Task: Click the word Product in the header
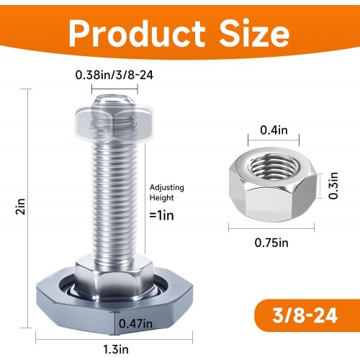pyautogui.click(x=137, y=34)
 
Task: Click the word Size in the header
pyautogui.click(x=254, y=33)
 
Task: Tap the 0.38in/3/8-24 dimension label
pyautogui.click(x=114, y=75)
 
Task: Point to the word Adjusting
pyautogui.click(x=167, y=188)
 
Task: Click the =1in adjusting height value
pyautogui.click(x=161, y=215)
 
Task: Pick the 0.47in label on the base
pyautogui.click(x=135, y=324)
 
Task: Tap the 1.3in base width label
pyautogui.click(x=116, y=349)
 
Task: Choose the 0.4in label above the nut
pyautogui.click(x=274, y=130)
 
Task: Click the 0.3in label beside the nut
pyautogui.click(x=333, y=186)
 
